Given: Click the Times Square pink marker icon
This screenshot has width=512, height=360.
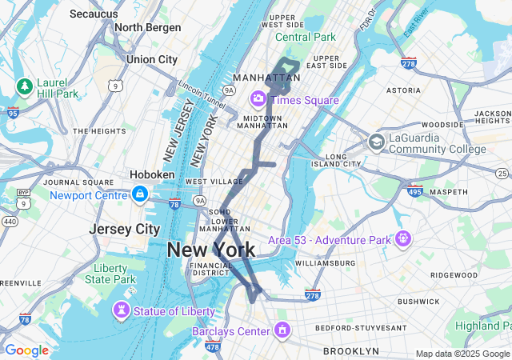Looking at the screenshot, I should pos(258,99).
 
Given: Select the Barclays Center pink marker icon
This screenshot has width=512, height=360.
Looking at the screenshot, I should pos(282,330).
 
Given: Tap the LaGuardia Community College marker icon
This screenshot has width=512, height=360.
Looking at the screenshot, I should pos(375,142).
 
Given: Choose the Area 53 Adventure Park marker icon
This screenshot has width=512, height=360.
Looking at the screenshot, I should pos(402,238).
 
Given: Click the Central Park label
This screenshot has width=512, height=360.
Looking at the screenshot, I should pos(306,37).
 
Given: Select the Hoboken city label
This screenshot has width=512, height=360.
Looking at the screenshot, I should pos(152,174).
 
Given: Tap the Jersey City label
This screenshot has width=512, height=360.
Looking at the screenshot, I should pos(124,229).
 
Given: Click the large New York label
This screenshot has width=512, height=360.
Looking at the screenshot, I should pos(211,250).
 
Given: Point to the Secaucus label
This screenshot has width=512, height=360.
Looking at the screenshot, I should pos(94,14).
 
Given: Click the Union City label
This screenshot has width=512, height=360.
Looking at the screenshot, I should pos(151,59).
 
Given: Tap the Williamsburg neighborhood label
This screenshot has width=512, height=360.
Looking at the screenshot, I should pos(326,262).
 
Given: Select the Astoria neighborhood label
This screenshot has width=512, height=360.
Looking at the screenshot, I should pos(402,91).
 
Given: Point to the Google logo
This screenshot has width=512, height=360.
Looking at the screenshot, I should pos(26,350).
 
